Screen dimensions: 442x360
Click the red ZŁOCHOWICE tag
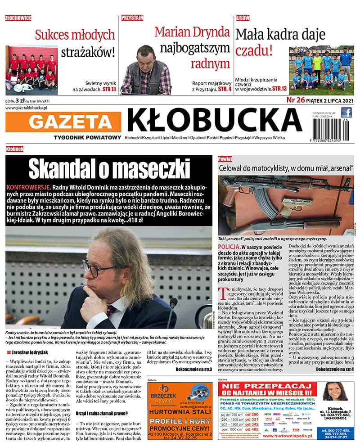pos(18,18)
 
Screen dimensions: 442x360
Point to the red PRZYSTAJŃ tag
pos(132,18)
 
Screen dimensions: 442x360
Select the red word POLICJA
pos(228,248)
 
